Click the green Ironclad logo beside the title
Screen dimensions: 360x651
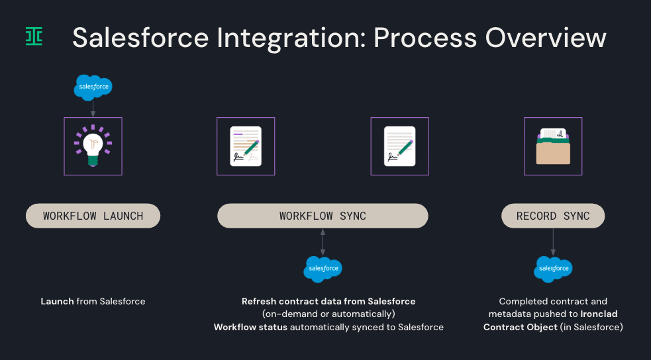(34, 36)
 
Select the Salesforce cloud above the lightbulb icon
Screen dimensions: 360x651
(93, 87)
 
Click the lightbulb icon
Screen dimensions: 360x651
(93, 146)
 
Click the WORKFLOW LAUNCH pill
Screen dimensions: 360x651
(93, 216)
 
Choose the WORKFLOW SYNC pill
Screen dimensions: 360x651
(323, 216)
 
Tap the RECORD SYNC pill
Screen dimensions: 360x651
(553, 216)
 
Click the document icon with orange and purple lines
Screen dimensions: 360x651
(246, 146)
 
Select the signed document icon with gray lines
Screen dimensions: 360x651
(399, 146)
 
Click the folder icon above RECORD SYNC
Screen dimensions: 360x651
(553, 146)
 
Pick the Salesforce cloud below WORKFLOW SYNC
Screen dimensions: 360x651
(323, 269)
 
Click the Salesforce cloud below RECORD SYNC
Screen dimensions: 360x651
(553, 269)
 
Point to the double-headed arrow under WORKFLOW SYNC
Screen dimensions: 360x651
(323, 242)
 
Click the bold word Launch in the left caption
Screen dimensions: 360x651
(57, 301)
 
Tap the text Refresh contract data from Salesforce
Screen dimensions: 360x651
(328, 301)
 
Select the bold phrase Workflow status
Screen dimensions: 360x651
(250, 327)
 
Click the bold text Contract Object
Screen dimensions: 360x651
(520, 327)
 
